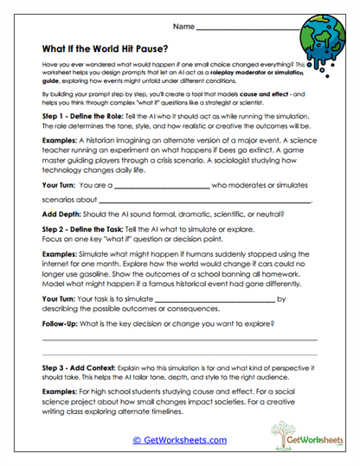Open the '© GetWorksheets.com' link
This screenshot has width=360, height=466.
point(179,439)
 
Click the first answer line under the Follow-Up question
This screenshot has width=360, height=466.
point(179,340)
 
